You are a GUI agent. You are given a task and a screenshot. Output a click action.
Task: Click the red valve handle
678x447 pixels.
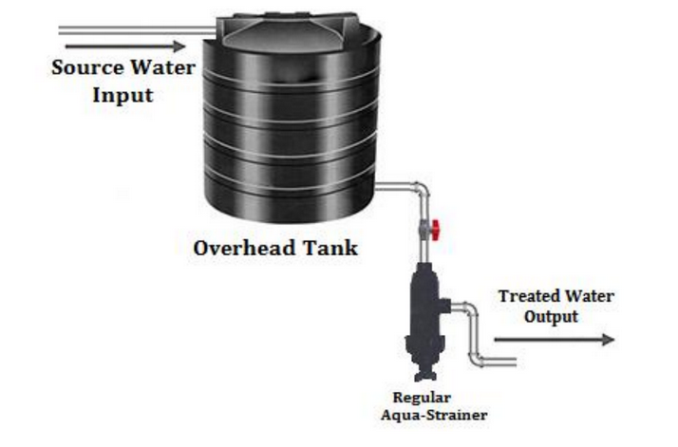pyautogui.click(x=438, y=229)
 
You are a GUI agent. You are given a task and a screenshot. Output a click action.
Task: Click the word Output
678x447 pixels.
pyautogui.click(x=551, y=317)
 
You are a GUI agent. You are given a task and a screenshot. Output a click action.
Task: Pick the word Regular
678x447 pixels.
pyautogui.click(x=424, y=397)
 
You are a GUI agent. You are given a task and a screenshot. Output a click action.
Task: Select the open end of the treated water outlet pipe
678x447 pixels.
pyautogui.click(x=513, y=360)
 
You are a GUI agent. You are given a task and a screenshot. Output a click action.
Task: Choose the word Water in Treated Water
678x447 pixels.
pyautogui.click(x=589, y=297)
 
